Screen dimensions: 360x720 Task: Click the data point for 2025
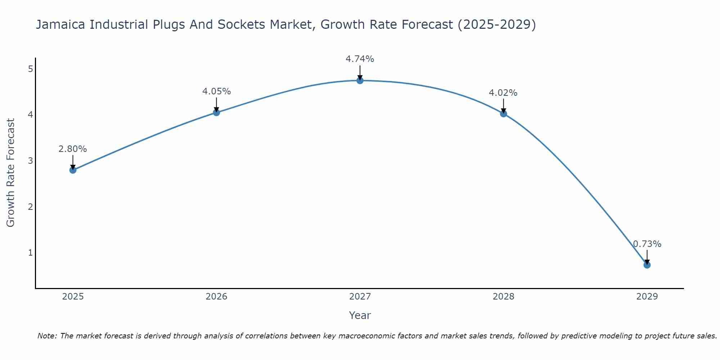(x=73, y=170)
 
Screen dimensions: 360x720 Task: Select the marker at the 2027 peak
(x=360, y=81)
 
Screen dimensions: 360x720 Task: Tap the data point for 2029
(x=647, y=265)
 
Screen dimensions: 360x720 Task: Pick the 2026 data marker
(x=216, y=112)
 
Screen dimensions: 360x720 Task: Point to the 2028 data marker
(x=503, y=114)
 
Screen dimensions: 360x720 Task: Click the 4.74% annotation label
(x=360, y=59)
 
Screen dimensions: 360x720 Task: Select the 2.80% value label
(x=73, y=149)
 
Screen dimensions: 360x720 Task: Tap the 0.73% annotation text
(x=647, y=244)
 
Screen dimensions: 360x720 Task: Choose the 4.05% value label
(x=216, y=91)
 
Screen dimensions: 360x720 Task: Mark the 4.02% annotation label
(x=503, y=93)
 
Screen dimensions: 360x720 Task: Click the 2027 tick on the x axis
(x=360, y=297)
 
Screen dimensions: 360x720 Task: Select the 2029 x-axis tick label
(x=647, y=297)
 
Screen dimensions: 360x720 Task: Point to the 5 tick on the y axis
(x=30, y=69)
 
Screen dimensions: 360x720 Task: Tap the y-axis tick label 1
(x=30, y=253)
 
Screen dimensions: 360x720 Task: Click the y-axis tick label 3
(x=30, y=161)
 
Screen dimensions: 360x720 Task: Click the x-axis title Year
(x=360, y=315)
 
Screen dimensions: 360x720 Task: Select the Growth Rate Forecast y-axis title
(x=11, y=173)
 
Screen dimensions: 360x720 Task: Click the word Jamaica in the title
(x=61, y=24)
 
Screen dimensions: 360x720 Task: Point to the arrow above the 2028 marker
(x=503, y=106)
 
